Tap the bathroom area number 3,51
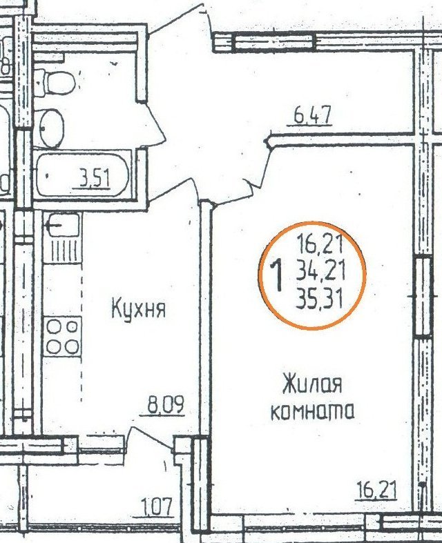pyautogui.click(x=95, y=179)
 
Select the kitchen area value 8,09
pyautogui.click(x=166, y=405)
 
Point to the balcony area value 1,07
pyautogui.click(x=157, y=507)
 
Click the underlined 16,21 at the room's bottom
pyautogui.click(x=376, y=490)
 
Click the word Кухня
pyautogui.click(x=139, y=308)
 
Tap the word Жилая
pyautogui.click(x=312, y=384)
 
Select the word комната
pyautogui.click(x=312, y=411)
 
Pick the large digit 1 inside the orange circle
pyautogui.click(x=278, y=276)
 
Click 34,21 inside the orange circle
pyautogui.click(x=320, y=272)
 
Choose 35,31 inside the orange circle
pyautogui.click(x=319, y=299)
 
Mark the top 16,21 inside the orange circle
pyautogui.click(x=320, y=244)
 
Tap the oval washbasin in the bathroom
pyautogui.click(x=52, y=128)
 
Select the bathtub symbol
pyautogui.click(x=83, y=175)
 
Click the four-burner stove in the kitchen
pyautogui.click(x=62, y=336)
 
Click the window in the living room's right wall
pyautogui.click(x=423, y=297)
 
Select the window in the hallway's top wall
pyautogui.click(x=274, y=42)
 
